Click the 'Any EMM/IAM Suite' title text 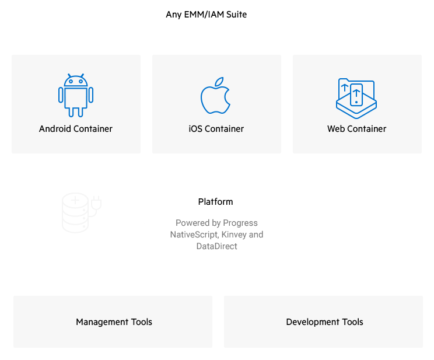206,15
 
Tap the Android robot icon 76,95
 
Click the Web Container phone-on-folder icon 356,95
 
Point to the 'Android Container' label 76,129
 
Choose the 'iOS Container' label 216,129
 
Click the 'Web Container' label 356,129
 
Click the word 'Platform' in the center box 216,202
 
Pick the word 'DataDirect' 216,246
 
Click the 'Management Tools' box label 114,322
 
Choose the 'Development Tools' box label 324,322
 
